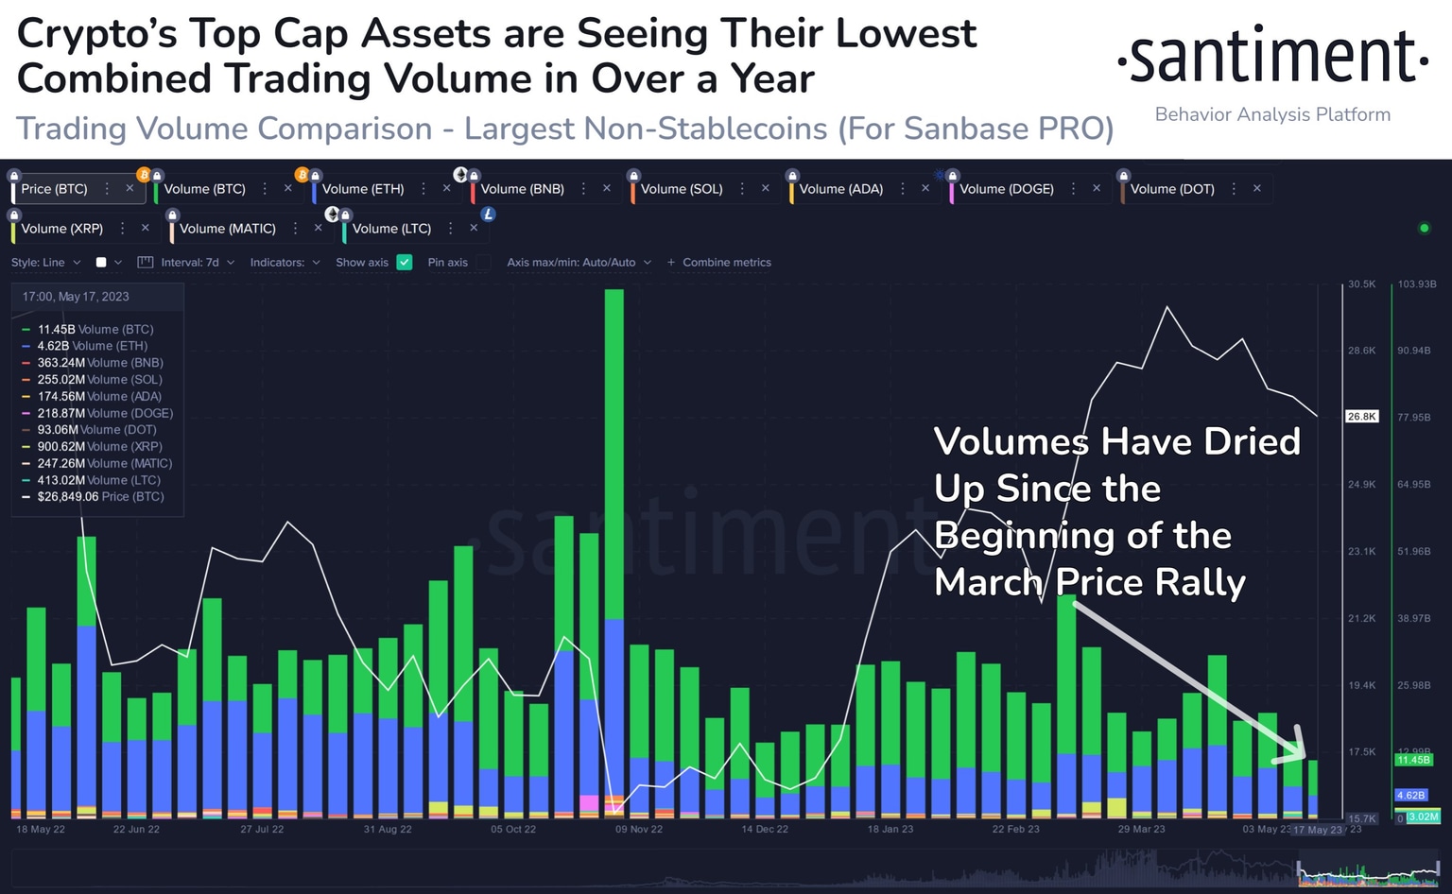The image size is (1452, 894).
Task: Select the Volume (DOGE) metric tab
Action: click(x=1006, y=189)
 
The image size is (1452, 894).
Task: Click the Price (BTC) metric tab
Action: click(x=55, y=189)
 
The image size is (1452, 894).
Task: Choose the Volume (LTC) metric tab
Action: click(x=391, y=229)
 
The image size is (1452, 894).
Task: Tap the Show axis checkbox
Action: click(x=405, y=263)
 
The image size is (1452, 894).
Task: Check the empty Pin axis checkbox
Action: click(x=483, y=263)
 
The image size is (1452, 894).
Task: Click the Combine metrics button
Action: click(x=719, y=263)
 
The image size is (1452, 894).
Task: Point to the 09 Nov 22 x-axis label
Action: click(x=639, y=829)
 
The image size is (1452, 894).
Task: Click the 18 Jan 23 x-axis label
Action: click(x=890, y=829)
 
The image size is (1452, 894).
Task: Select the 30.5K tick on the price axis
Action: click(x=1361, y=284)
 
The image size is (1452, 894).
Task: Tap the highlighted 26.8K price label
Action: click(x=1361, y=417)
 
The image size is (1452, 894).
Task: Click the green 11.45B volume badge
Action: click(x=1413, y=760)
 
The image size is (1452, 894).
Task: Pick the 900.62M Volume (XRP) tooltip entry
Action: click(x=99, y=447)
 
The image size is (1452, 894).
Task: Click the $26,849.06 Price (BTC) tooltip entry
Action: click(x=99, y=497)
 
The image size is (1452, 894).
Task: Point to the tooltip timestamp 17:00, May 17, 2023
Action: click(x=76, y=297)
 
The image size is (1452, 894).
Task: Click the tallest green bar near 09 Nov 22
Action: click(x=614, y=454)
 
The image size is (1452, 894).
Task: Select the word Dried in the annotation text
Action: click(x=1252, y=442)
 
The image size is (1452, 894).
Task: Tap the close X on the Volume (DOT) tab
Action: click(x=1257, y=189)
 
